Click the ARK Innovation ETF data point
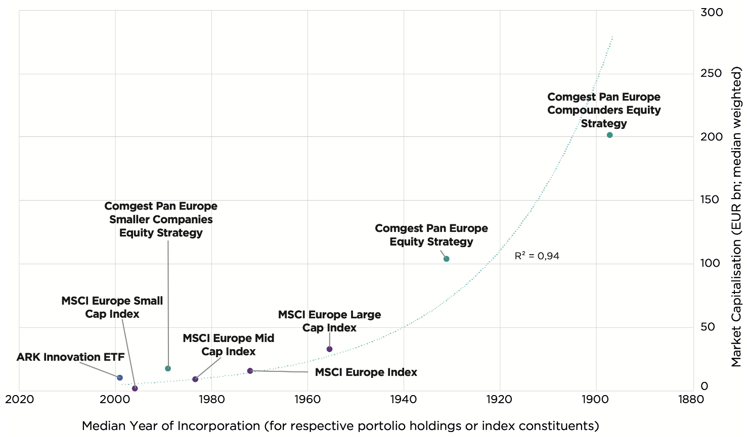pyautogui.click(x=120, y=377)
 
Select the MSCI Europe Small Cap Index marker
pyautogui.click(x=135, y=388)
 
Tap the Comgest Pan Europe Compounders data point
pyautogui.click(x=609, y=135)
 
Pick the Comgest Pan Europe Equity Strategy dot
pyautogui.click(x=446, y=259)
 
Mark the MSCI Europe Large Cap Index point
pyautogui.click(x=329, y=349)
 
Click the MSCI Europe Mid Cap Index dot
pyautogui.click(x=195, y=379)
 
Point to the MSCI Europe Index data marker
pyautogui.click(x=250, y=371)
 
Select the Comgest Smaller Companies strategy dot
pyautogui.click(x=168, y=368)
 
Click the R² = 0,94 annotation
pyautogui.click(x=537, y=256)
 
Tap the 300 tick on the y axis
pyautogui.click(x=711, y=12)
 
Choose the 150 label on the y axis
pyautogui.click(x=711, y=200)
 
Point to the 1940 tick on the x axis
pyautogui.click(x=404, y=399)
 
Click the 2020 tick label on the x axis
pyautogui.click(x=19, y=399)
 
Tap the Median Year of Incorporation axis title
pyautogui.click(x=340, y=425)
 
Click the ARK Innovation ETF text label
pyautogui.click(x=70, y=357)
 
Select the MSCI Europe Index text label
pyautogui.click(x=366, y=372)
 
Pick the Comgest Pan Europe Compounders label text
pyautogui.click(x=604, y=110)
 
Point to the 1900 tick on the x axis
pyautogui.click(x=596, y=399)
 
